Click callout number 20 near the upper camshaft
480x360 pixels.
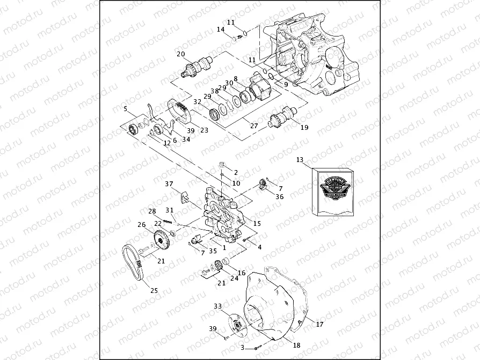pyautogui.click(x=181, y=54)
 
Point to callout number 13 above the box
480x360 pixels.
pyautogui.click(x=300, y=160)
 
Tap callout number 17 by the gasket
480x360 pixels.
pyautogui.click(x=320, y=324)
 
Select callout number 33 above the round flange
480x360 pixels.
pyautogui.click(x=217, y=306)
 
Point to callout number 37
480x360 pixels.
pyautogui.click(x=169, y=185)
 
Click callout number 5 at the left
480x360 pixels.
pyautogui.click(x=126, y=109)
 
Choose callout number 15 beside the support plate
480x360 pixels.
pyautogui.click(x=257, y=223)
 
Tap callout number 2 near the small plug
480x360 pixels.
pyautogui.click(x=235, y=173)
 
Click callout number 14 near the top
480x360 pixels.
pyautogui.click(x=221, y=30)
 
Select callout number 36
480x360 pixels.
pyautogui.click(x=279, y=196)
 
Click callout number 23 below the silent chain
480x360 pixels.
pyautogui.click(x=204, y=129)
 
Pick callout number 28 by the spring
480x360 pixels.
pyautogui.click(x=152, y=211)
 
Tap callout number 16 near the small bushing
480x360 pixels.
pyautogui.click(x=242, y=273)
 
